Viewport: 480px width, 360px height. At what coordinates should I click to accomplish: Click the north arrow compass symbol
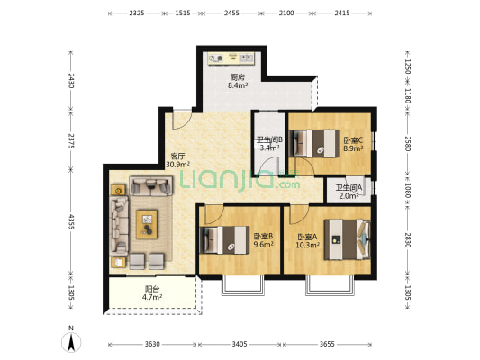[71, 341]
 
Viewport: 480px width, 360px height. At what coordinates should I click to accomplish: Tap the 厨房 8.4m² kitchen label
[238, 81]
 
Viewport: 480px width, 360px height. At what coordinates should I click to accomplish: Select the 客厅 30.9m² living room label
[177, 160]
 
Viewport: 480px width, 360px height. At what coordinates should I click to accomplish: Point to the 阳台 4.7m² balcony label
[152, 293]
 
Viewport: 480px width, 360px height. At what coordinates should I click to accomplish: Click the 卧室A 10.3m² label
[308, 240]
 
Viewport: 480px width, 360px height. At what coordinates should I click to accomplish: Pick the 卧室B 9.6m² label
[263, 240]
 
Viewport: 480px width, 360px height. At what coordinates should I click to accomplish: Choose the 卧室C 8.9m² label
[353, 144]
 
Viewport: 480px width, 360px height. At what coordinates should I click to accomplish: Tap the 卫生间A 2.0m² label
[349, 192]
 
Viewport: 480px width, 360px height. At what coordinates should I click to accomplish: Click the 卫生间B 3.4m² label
[269, 144]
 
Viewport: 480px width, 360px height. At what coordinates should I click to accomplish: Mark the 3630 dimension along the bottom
[152, 344]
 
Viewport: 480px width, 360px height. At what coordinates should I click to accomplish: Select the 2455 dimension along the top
[231, 13]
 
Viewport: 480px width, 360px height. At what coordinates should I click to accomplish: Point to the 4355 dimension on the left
[71, 221]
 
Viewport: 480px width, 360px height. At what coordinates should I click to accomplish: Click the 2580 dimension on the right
[407, 143]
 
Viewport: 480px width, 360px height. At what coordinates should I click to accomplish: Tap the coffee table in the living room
[147, 224]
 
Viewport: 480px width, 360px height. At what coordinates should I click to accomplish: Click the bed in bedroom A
[347, 239]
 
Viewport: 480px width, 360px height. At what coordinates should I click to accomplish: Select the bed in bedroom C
[313, 143]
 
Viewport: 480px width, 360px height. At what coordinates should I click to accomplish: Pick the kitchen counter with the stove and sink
[231, 58]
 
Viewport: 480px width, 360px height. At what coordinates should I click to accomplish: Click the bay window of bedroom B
[243, 285]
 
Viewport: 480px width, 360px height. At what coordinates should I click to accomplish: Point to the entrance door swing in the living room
[182, 120]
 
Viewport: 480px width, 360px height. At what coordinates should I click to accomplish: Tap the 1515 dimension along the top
[183, 13]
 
